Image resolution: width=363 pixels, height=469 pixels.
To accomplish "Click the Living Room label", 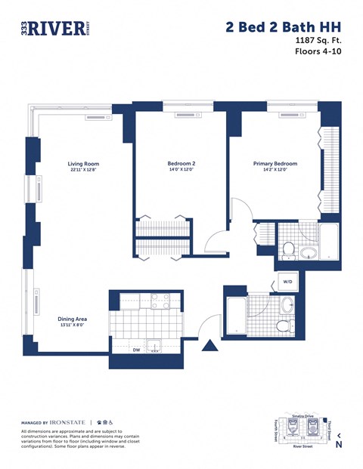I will [83, 164].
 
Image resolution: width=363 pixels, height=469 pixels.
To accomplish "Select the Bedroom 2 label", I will [181, 164].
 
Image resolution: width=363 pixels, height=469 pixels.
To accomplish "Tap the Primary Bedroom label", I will [275, 164].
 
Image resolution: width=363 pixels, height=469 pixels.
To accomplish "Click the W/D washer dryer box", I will [287, 282].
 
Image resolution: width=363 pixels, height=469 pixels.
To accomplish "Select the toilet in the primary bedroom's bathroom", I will [288, 248].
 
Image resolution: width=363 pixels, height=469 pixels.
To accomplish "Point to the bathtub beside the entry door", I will [236, 317].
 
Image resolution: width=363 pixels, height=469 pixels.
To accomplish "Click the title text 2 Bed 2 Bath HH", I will [283, 28].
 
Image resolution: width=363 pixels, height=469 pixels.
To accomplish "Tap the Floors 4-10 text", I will [317, 53].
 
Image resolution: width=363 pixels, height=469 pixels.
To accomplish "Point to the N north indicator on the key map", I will [339, 445].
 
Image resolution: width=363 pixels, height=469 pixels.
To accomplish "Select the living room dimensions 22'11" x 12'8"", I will [83, 171].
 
